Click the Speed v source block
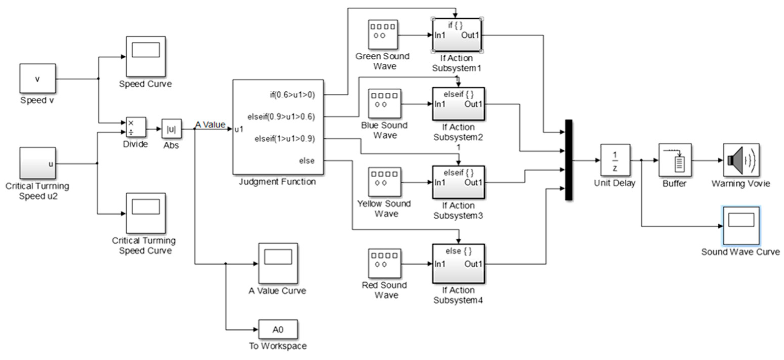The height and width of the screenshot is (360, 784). (37, 79)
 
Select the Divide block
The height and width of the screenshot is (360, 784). (136, 127)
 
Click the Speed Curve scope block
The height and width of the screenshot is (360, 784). (145, 57)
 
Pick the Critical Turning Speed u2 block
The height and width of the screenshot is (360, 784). (37, 163)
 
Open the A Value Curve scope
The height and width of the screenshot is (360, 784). (278, 264)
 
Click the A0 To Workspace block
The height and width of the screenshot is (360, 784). (278, 329)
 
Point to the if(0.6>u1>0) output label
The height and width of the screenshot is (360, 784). (292, 95)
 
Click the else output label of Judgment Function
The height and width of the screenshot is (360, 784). (307, 161)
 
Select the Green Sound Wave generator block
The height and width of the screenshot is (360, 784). (383, 35)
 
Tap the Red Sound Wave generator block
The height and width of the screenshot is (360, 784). (384, 264)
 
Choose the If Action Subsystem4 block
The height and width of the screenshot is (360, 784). (458, 264)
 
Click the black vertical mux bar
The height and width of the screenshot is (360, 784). (568, 160)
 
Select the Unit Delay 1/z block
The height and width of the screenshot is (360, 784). (615, 160)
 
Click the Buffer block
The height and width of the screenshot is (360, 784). (675, 160)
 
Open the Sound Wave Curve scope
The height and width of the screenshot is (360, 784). (741, 226)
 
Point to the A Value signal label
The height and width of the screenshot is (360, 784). (210, 124)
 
